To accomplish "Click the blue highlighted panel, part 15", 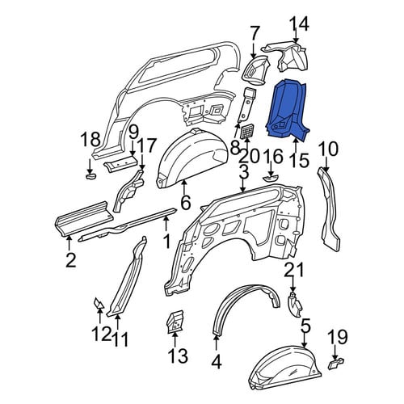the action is tap(287, 111).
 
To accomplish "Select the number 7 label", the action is tap(255, 34).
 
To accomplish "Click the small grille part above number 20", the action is tap(246, 132).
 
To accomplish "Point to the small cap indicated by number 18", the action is tap(90, 176).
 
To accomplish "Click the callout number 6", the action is tap(186, 202).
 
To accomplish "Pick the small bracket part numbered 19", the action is tap(336, 364).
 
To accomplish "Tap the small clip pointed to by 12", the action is tap(99, 303).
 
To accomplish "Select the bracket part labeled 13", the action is tap(175, 322).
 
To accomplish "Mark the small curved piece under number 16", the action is tap(270, 178).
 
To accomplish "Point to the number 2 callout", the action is tap(70, 260).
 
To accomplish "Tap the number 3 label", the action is tap(243, 173).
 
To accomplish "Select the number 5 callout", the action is tap(305, 327).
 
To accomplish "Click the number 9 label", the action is tap(133, 134).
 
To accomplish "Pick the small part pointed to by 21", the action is tap(295, 305).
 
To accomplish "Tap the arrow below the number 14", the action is tap(296, 37).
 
